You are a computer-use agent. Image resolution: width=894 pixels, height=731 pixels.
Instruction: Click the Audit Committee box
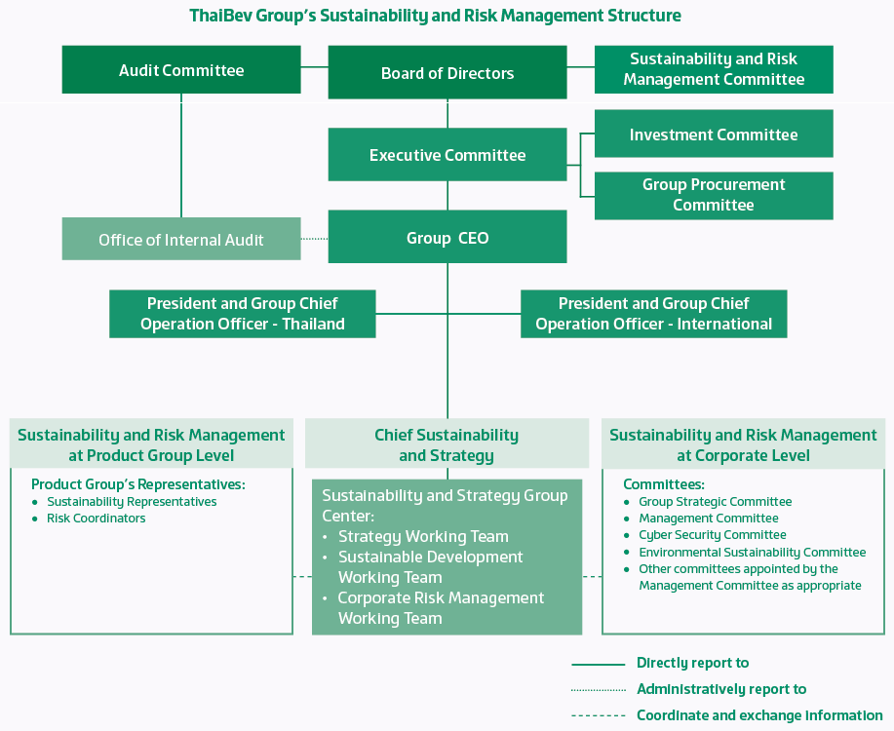click(181, 70)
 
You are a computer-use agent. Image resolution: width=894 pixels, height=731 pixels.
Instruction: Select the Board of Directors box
click(447, 73)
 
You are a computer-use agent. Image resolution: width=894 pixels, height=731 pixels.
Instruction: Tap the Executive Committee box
click(447, 155)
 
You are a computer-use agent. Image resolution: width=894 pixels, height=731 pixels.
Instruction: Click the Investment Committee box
click(714, 135)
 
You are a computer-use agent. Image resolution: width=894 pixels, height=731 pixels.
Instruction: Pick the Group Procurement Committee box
click(714, 195)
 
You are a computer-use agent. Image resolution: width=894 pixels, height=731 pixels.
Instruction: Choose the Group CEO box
click(447, 238)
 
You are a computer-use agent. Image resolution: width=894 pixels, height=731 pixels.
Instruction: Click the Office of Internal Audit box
click(181, 240)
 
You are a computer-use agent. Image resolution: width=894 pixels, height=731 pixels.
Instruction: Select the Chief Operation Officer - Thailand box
click(243, 314)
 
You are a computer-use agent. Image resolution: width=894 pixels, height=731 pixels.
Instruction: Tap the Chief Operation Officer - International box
click(653, 314)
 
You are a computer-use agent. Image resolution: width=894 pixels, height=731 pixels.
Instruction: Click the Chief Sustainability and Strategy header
click(447, 445)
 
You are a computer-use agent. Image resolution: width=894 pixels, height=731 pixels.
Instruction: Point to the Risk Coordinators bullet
click(96, 519)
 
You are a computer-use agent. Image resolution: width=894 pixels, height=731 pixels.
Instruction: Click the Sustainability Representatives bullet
click(132, 502)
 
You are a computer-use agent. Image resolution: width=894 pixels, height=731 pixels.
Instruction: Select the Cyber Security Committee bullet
click(713, 535)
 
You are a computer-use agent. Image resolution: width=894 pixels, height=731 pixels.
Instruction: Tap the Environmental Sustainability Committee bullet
click(752, 553)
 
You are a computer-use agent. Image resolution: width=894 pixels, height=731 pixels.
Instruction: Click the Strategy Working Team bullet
click(423, 536)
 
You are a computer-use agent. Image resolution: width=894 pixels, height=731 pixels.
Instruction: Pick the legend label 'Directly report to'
click(692, 663)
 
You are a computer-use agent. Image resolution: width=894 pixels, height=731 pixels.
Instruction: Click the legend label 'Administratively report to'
click(721, 689)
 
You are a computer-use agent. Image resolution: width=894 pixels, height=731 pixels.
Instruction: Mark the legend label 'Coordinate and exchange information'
click(759, 715)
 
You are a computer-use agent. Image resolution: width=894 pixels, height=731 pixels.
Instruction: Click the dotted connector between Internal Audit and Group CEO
click(314, 238)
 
